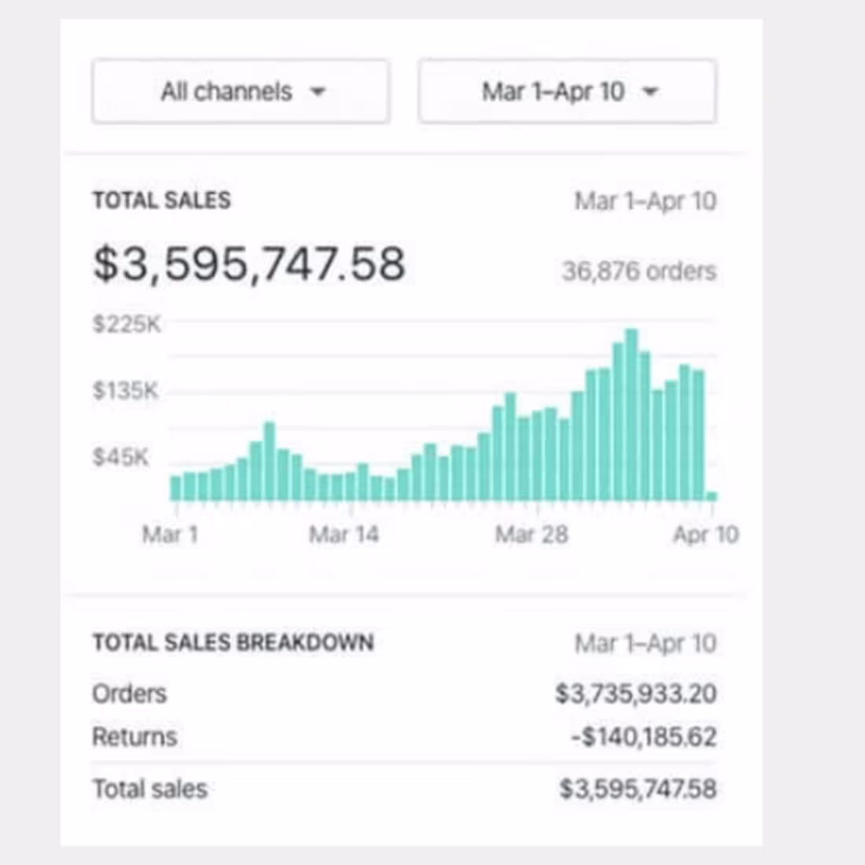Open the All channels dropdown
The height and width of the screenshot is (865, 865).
click(x=241, y=92)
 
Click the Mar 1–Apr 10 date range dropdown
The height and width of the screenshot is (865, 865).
click(x=567, y=92)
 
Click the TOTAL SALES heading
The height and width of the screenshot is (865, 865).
click(x=162, y=201)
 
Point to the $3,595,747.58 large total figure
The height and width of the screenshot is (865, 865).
click(x=249, y=263)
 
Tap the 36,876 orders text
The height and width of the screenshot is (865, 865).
click(x=639, y=271)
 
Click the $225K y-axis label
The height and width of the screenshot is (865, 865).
click(x=127, y=324)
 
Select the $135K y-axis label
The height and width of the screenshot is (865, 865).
click(x=126, y=390)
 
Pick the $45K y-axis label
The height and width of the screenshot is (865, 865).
click(x=120, y=457)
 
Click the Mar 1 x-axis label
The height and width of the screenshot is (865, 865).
click(x=170, y=535)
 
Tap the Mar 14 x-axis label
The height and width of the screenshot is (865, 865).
click(x=344, y=535)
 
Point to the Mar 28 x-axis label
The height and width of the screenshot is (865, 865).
click(x=531, y=535)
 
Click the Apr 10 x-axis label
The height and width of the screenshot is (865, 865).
click(x=705, y=535)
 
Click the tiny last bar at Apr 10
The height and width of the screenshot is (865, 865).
click(x=712, y=496)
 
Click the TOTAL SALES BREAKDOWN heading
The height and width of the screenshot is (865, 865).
click(x=233, y=642)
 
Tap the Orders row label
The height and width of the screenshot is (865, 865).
click(x=130, y=694)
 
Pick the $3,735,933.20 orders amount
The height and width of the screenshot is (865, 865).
click(x=635, y=694)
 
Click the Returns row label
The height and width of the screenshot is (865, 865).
click(x=134, y=737)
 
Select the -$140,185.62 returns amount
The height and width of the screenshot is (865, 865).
click(x=643, y=737)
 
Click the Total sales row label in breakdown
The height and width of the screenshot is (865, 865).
click(x=149, y=789)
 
